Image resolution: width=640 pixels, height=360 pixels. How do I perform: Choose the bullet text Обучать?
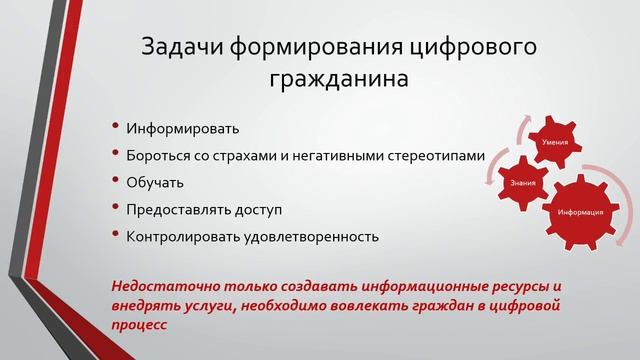pyautogui.click(x=155, y=183)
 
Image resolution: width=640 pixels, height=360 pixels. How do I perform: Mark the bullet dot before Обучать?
pyautogui.click(x=116, y=183)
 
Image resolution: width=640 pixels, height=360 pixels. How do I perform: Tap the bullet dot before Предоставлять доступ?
pyautogui.click(x=116, y=210)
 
